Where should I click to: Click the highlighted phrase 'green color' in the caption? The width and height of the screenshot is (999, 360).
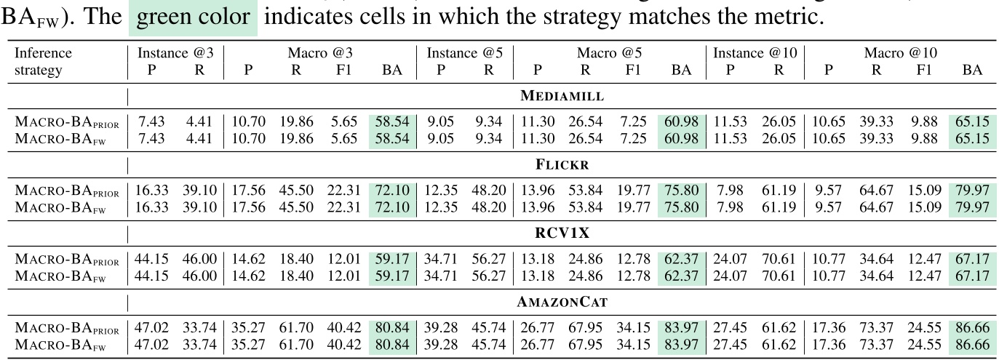pyautogui.click(x=193, y=17)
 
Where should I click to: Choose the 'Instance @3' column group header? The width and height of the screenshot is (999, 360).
pyautogui.click(x=176, y=53)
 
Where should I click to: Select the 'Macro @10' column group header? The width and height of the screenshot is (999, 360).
pyautogui.click(x=900, y=53)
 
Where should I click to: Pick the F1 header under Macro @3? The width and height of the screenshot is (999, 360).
pyautogui.click(x=343, y=71)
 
